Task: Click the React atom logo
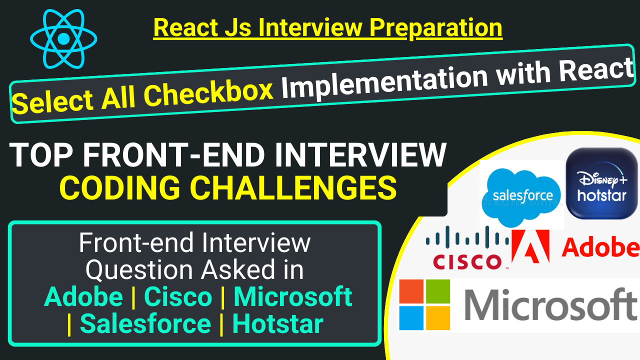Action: tap(63, 39)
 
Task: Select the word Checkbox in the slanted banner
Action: tap(208, 92)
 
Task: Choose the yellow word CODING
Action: tap(119, 187)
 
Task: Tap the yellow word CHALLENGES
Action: tap(293, 187)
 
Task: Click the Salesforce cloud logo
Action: tap(521, 195)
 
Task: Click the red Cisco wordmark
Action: tap(467, 261)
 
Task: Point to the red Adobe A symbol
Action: tap(530, 246)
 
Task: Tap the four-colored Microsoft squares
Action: tap(424, 304)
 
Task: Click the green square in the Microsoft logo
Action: tap(438, 291)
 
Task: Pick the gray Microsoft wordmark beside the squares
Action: tap(551, 305)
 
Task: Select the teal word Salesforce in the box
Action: tap(145, 323)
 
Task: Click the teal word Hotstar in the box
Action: tap(277, 323)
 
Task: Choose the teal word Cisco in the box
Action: tap(178, 297)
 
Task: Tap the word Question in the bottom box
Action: tap(139, 270)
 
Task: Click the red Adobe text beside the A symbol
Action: tap(600, 247)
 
